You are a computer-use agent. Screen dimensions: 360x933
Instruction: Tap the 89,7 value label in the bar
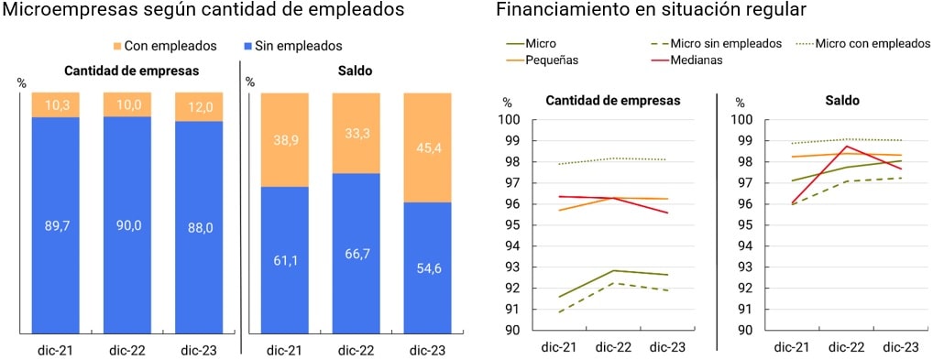click(57, 226)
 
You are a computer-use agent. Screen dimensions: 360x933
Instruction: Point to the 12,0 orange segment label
click(199, 106)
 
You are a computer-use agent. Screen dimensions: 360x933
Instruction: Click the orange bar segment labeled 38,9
click(284, 139)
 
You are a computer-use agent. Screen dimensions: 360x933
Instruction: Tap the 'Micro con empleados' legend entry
click(871, 43)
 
